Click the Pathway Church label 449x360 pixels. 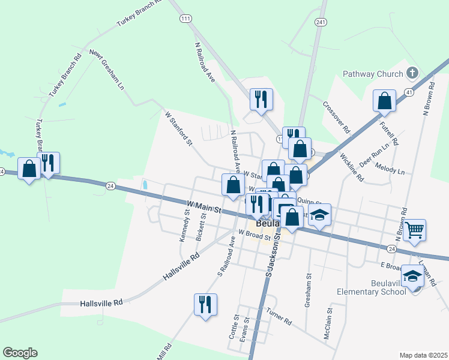pos(372,74)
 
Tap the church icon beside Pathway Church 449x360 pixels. pos(412,73)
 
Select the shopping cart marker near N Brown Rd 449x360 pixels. pos(415,230)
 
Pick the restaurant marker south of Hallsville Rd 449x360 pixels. pos(205,304)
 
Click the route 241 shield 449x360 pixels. pos(319,22)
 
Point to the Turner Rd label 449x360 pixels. pos(279,317)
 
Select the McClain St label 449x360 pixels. pos(328,325)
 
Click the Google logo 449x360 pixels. pos(20,353)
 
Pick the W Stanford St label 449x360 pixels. pos(178,128)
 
